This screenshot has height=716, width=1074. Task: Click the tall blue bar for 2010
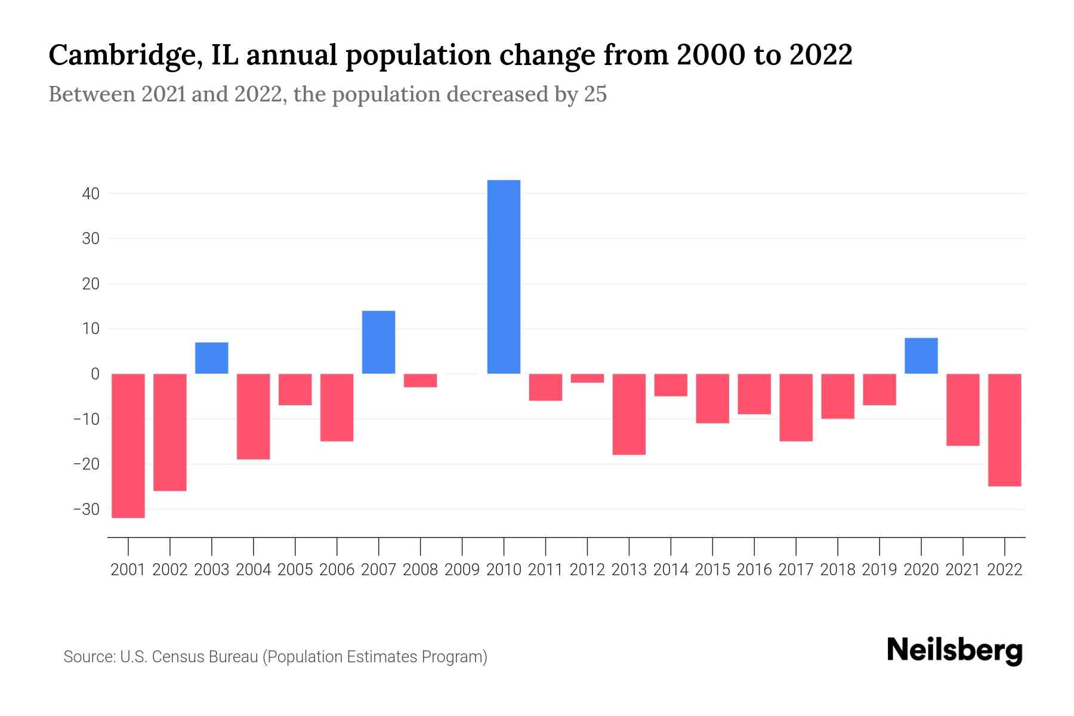(x=504, y=277)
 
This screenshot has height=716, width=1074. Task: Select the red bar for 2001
(x=128, y=446)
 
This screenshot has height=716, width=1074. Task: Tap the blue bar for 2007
(x=378, y=342)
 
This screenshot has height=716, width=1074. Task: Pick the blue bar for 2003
(x=212, y=358)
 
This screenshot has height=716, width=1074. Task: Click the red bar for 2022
(x=1005, y=430)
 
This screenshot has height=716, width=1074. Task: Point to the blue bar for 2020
(x=921, y=356)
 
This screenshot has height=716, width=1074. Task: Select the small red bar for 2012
(x=587, y=378)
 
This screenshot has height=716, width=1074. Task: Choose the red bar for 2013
(x=629, y=414)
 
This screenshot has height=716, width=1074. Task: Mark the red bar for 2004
(x=254, y=416)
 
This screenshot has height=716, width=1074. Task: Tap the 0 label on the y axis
(x=95, y=374)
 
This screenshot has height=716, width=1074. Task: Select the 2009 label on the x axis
(x=462, y=570)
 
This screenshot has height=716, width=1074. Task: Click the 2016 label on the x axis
(x=754, y=570)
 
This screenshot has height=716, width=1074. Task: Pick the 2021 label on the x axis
(x=962, y=570)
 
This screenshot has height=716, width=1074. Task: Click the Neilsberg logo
(x=955, y=650)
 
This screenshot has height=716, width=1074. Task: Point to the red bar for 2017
(x=796, y=408)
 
